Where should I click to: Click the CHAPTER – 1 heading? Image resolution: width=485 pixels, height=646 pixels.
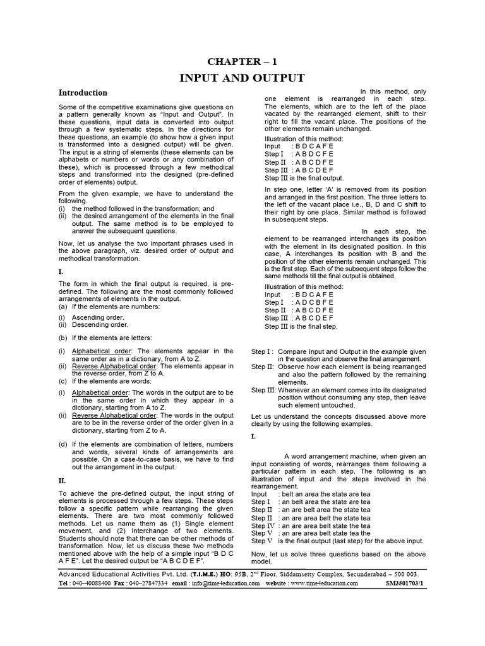(x=242, y=61)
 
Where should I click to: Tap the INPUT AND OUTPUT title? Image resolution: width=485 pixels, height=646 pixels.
(x=242, y=78)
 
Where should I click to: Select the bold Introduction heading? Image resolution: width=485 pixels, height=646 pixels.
(x=83, y=93)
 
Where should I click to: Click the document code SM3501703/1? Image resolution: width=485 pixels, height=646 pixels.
(x=405, y=584)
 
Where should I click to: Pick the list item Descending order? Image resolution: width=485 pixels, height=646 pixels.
(x=95, y=325)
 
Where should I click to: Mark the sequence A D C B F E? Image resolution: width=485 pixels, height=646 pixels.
(x=313, y=302)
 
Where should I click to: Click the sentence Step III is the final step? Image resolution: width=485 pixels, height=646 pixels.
(x=301, y=326)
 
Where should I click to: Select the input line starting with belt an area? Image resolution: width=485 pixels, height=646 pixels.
(x=321, y=494)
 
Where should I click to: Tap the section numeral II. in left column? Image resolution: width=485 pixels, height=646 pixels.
(x=62, y=480)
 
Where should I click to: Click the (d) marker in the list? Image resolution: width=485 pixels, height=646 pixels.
(x=63, y=444)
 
